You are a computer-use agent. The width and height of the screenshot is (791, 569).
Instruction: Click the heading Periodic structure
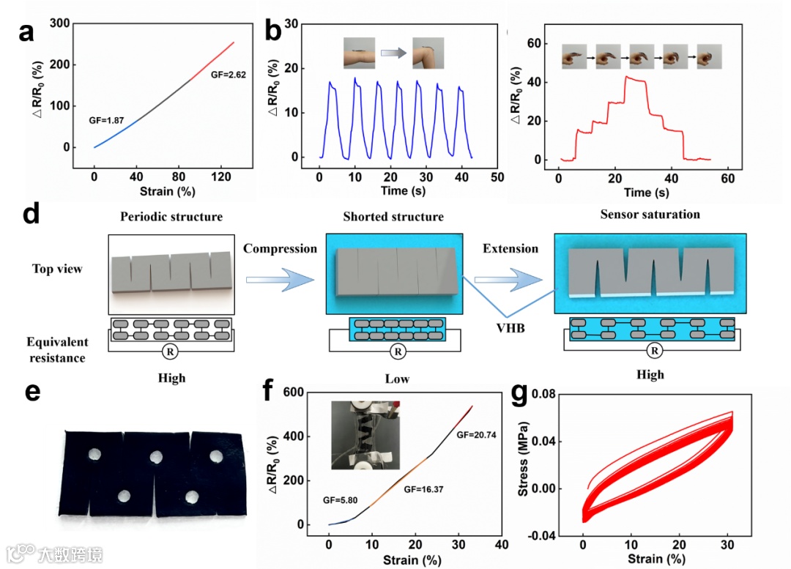pos(171,217)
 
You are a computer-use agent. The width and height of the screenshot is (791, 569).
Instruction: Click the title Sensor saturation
pos(650,215)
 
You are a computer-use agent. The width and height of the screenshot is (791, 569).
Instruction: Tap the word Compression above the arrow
pos(281,249)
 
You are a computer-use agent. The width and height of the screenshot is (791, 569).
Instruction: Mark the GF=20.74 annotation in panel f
pos(476,434)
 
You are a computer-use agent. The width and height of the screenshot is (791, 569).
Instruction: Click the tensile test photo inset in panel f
pos(364,434)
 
